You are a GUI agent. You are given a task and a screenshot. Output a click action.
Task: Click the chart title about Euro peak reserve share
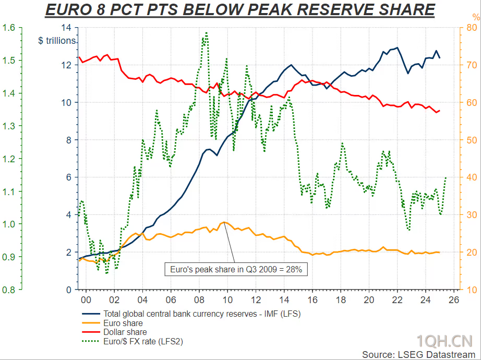point(240,10)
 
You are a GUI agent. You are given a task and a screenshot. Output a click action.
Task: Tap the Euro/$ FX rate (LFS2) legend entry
point(143,341)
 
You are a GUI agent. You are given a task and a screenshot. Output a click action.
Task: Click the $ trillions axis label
point(57,41)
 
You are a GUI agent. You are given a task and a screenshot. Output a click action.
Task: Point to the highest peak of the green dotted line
point(206,32)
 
